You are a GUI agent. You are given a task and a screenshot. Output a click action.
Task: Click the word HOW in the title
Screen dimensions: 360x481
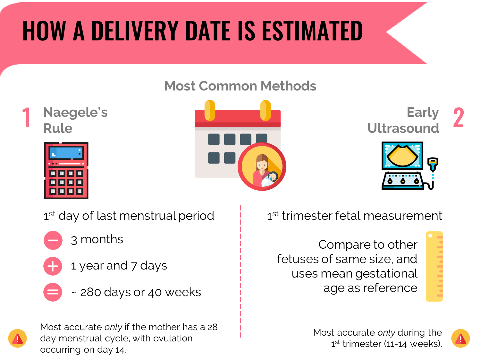coord(44,31)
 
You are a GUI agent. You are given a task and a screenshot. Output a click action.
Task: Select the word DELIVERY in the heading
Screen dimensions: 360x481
coord(135,31)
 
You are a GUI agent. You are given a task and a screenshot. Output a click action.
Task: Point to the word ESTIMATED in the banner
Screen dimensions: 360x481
coord(312,31)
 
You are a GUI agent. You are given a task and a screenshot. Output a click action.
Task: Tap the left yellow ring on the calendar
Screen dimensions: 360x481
coord(209,110)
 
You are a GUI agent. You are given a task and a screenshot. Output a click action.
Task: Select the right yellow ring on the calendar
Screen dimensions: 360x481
coord(266,110)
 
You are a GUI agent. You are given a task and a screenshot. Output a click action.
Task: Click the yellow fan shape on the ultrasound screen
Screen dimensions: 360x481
coord(402,155)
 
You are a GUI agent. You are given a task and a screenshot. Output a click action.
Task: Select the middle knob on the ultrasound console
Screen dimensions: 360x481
coord(403,181)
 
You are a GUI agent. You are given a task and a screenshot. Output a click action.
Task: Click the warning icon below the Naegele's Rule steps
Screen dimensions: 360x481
coord(18,339)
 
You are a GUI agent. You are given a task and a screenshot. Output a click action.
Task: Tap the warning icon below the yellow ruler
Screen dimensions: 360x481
coord(460,339)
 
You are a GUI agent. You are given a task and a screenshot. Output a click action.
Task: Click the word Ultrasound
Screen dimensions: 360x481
coord(403,128)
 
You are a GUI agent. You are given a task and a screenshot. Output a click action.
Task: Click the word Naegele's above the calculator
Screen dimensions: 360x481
coord(75,112)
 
